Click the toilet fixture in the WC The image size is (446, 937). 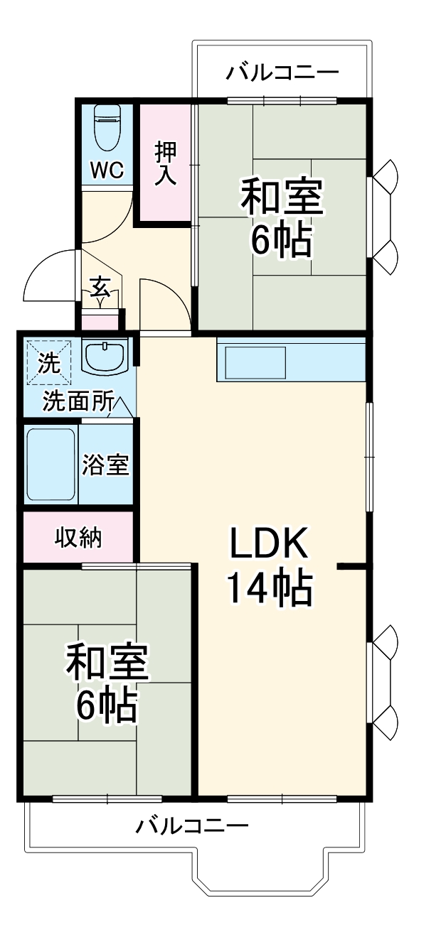click(x=108, y=127)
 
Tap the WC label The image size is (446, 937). click(x=107, y=170)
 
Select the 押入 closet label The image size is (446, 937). click(x=166, y=163)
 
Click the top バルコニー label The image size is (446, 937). click(x=282, y=72)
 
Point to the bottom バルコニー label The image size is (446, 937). click(x=192, y=826)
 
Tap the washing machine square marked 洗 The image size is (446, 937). click(x=49, y=362)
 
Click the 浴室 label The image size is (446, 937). click(x=105, y=465)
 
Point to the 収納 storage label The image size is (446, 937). click(x=78, y=538)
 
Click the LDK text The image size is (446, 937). click(x=268, y=546)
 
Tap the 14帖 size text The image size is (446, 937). click(x=268, y=588)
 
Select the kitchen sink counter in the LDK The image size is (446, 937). click(x=256, y=362)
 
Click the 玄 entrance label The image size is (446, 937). click(x=100, y=288)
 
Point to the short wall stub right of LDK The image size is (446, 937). click(x=353, y=566)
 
